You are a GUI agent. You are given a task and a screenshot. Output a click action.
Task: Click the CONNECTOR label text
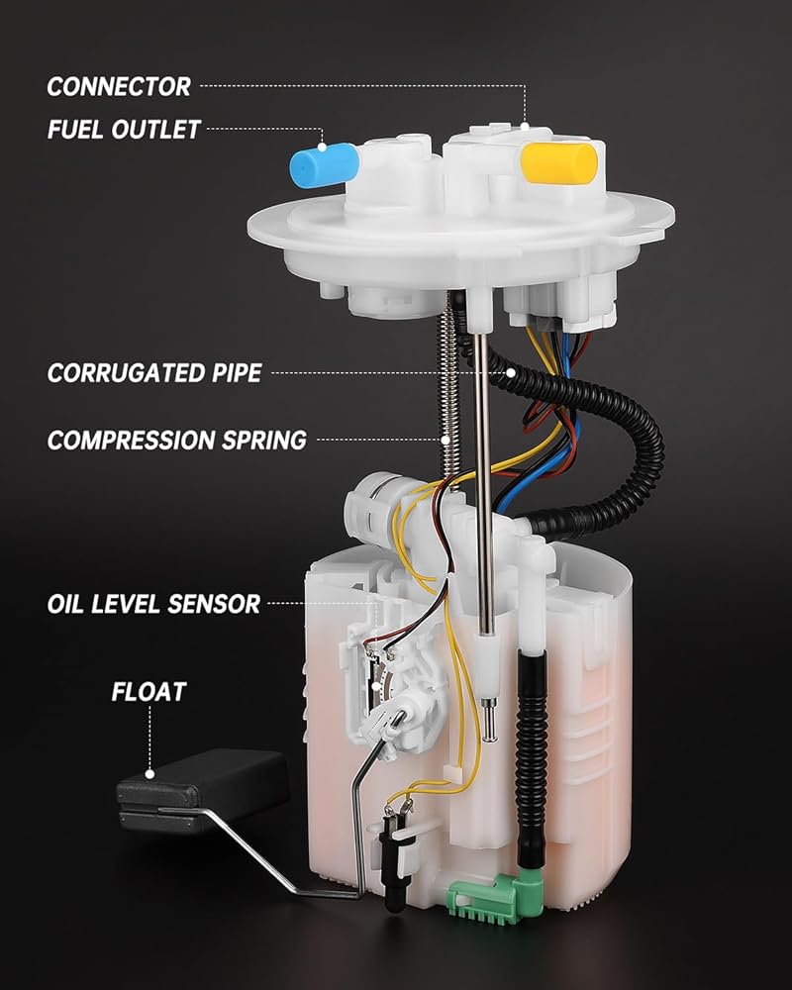(119, 86)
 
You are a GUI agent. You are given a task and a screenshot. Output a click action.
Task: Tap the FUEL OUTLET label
(124, 130)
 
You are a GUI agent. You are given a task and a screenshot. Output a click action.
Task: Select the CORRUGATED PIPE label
(154, 373)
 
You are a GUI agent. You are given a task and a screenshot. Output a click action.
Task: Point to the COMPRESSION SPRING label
(177, 440)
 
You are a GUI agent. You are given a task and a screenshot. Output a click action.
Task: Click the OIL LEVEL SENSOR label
(153, 603)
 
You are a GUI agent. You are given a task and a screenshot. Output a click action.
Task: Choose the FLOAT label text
(148, 691)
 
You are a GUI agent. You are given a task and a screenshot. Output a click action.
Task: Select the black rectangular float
(203, 788)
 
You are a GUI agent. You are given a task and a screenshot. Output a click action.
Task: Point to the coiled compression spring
(451, 386)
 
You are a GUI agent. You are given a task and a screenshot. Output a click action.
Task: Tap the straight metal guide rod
(483, 475)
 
